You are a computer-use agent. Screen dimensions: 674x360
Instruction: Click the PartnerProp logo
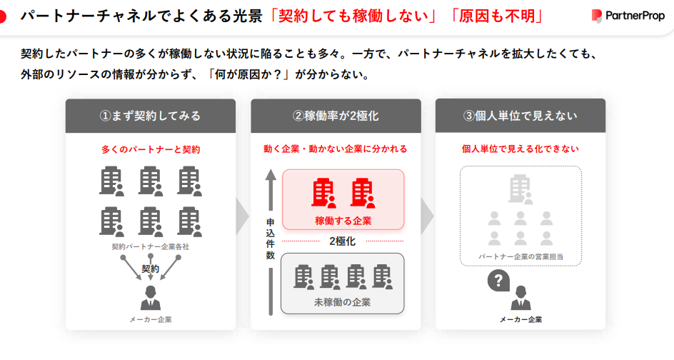(628, 16)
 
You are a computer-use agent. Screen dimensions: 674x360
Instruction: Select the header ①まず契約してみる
(151, 116)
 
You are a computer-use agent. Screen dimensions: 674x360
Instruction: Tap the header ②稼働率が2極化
(336, 116)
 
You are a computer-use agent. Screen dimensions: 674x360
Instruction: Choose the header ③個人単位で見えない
(520, 116)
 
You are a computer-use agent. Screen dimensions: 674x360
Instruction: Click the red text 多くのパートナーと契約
(151, 149)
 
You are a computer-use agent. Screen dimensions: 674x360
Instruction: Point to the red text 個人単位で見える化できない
(520, 149)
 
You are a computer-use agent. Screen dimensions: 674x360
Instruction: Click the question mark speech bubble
(498, 281)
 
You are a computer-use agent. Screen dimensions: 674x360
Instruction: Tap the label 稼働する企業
(343, 221)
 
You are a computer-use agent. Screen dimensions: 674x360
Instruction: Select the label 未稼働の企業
(342, 302)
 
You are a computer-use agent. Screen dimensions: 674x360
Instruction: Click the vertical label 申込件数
(270, 239)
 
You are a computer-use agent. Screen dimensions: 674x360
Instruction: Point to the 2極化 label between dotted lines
(342, 241)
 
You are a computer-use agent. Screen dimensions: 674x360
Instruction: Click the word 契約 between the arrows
(151, 269)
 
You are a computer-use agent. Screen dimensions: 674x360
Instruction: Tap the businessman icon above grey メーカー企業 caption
(151, 298)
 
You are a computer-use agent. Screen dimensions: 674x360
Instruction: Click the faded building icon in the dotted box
(520, 189)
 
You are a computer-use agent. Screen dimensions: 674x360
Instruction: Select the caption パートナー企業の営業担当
(520, 256)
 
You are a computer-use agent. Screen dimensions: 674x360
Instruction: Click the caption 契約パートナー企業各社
(151, 246)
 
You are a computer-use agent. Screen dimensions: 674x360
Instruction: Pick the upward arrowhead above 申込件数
(271, 174)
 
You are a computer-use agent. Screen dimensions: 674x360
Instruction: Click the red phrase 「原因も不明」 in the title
(497, 16)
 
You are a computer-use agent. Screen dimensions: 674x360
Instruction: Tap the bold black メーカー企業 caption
(520, 319)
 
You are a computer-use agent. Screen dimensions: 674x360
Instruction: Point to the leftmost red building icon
(323, 193)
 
